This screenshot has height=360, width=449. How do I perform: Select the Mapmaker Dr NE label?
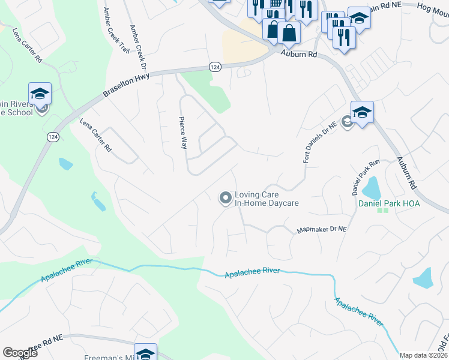(322, 230)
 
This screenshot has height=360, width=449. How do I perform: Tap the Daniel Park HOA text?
(389, 204)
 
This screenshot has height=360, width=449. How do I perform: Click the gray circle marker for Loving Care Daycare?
(225, 197)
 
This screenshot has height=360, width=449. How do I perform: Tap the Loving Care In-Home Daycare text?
(267, 199)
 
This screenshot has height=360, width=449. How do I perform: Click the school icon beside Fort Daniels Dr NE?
(362, 112)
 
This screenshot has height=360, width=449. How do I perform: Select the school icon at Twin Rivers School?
(40, 94)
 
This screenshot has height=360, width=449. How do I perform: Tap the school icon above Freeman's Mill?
(145, 353)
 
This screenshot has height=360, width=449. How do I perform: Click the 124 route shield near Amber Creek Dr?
(214, 66)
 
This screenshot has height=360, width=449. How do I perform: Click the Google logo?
(20, 353)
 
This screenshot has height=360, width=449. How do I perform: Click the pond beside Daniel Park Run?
(372, 188)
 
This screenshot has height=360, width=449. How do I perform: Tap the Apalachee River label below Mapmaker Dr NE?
(252, 273)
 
